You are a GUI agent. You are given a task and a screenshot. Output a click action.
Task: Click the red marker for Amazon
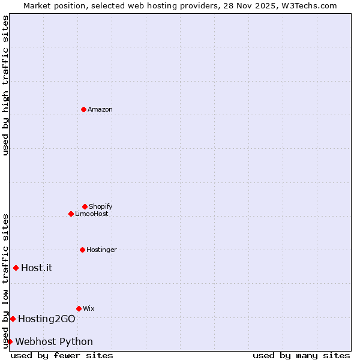pyautogui.click(x=84, y=109)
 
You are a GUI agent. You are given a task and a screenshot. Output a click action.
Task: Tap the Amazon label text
pyautogui.click(x=100, y=109)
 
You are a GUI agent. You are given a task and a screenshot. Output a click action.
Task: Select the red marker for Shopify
pyautogui.click(x=85, y=206)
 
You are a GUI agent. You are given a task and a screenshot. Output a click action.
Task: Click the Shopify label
pyautogui.click(x=101, y=206)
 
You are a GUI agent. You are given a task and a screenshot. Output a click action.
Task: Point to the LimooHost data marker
pyautogui.click(x=71, y=214)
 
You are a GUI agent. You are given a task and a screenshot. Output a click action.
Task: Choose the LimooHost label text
pyautogui.click(x=92, y=214)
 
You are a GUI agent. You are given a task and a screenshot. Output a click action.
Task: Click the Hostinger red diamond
pyautogui.click(x=82, y=250)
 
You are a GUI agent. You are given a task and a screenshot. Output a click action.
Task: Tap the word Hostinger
pyautogui.click(x=101, y=250)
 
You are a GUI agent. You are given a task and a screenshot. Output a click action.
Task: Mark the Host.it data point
pyautogui.click(x=16, y=268)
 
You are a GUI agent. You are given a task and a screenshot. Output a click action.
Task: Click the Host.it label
pyautogui.click(x=37, y=268)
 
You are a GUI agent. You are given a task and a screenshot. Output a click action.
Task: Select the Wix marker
pyautogui.click(x=79, y=308)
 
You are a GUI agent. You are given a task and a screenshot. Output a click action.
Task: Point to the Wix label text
pyautogui.click(x=89, y=308)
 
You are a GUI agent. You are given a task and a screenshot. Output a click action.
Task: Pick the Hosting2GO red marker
pyautogui.click(x=13, y=319)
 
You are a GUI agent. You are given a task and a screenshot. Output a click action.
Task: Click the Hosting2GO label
pyautogui.click(x=47, y=319)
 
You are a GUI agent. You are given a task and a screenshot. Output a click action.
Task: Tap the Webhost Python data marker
pyautogui.click(x=10, y=341)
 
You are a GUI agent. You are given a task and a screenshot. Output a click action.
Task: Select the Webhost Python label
pyautogui.click(x=54, y=341)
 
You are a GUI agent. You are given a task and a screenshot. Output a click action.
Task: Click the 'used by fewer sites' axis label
pyautogui.click(x=62, y=355)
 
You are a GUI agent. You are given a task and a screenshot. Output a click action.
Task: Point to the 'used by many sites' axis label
pyautogui.click(x=301, y=355)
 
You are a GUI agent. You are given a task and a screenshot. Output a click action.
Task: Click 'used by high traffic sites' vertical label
pyautogui.click(x=6, y=85)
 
